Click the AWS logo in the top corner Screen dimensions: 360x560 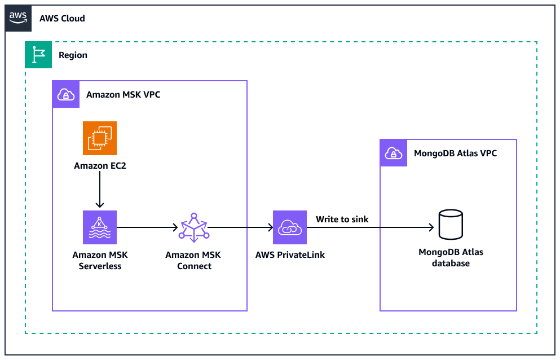point(18,18)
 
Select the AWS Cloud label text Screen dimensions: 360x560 point(62,19)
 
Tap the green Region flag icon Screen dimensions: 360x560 point(38,55)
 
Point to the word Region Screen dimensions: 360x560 point(73,55)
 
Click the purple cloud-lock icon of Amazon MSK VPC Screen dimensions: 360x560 point(66,94)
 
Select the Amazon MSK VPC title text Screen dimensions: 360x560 point(123,95)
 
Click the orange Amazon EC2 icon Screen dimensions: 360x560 point(100,138)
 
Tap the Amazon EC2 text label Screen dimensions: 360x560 point(100,166)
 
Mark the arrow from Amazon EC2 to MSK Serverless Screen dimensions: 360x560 point(100,190)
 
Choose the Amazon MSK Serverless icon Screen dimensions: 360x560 point(100,227)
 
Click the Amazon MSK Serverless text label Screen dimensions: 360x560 point(97,260)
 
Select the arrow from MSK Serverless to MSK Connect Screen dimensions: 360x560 point(147,227)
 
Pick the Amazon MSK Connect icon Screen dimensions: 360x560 point(193,227)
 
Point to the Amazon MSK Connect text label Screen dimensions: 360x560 point(193,260)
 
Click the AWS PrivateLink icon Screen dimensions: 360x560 point(290,227)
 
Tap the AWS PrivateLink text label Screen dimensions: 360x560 point(290,255)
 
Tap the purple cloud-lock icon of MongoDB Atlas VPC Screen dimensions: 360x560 point(394,153)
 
